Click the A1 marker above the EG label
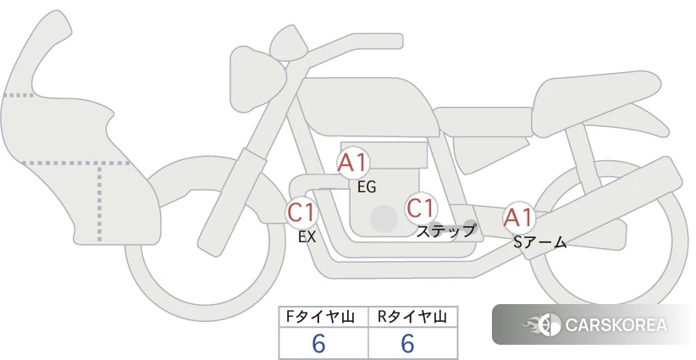(353, 163)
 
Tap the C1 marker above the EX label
(301, 212)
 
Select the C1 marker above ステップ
(421, 208)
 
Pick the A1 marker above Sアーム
(518, 218)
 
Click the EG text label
(367, 187)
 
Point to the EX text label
(307, 237)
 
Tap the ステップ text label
(445, 231)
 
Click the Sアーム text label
(539, 242)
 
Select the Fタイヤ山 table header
(320, 317)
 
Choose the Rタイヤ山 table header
(412, 317)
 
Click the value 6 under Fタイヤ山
(318, 344)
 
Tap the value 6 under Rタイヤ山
(407, 344)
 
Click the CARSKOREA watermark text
(616, 324)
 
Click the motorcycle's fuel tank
(368, 107)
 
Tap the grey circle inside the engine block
(384, 219)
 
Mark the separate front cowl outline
(80, 133)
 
